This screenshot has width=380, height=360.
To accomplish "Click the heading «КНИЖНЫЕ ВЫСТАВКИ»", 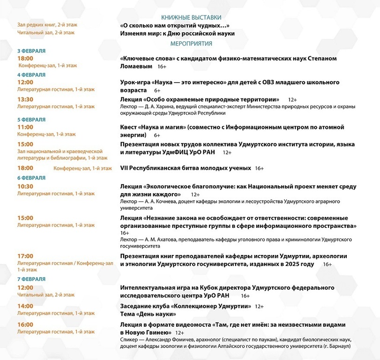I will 190,17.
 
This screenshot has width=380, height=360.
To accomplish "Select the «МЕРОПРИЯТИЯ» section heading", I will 191,44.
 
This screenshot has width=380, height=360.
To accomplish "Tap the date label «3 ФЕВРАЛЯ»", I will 31,51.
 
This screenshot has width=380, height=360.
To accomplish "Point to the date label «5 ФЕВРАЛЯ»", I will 31,120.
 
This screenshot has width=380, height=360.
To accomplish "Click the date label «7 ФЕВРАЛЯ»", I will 31,279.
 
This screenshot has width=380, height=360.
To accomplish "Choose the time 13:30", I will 25,99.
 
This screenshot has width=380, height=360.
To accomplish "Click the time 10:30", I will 25,186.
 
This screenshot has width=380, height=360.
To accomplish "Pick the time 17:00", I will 25,256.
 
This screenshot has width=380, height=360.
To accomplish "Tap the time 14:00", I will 25,306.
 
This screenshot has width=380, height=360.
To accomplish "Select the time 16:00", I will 25,324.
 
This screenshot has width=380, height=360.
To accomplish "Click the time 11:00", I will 25,127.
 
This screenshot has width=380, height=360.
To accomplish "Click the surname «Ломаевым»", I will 136,67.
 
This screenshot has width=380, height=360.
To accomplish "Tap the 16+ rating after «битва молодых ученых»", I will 259,168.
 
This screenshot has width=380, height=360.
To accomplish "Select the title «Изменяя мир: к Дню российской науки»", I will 177,33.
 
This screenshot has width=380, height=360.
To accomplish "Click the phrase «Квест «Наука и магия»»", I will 154,127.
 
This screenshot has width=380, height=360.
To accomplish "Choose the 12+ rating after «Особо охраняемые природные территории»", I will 292,99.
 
